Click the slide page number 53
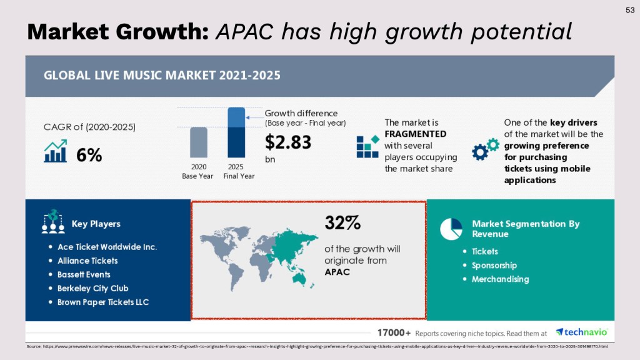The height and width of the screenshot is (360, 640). coord(629,10)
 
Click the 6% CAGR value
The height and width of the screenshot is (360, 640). coord(89,156)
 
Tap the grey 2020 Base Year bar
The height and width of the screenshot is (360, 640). coord(198,142)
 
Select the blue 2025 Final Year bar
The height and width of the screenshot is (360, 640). coord(236,132)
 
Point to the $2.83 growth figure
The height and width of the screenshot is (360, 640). coord(288,142)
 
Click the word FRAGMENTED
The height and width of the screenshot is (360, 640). coord(416,134)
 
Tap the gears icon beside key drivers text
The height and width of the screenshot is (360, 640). coord(485,149)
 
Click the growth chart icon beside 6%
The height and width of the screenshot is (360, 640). coord(55,151)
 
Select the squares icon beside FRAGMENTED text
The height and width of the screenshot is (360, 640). coord(367,146)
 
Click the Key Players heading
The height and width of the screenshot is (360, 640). coord(96,224)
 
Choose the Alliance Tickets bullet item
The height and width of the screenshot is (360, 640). coord(87,261)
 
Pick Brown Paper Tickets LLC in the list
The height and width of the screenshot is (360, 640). coord(103,302)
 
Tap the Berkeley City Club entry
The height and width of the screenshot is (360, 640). coord(92,288)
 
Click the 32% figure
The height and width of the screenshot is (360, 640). coord(342,222)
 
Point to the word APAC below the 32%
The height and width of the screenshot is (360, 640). coord(336,272)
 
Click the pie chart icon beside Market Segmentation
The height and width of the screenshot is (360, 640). coord(451,229)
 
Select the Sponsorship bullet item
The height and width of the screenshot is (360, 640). coord(494,265)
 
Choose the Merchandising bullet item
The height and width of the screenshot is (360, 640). coord(500,279)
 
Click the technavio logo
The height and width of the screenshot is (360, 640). coord(581,332)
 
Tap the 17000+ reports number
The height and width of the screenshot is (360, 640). coord(394,332)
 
